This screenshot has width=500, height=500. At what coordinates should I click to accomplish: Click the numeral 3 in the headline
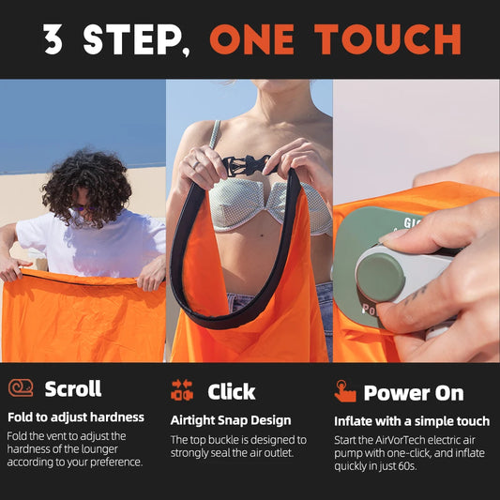pyautogui.click(x=53, y=38)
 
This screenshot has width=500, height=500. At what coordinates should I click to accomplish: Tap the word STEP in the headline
pyautogui.click(x=132, y=39)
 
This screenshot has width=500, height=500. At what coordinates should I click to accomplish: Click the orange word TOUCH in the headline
pyautogui.click(x=387, y=39)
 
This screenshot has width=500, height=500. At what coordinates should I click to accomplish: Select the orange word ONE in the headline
pyautogui.click(x=252, y=39)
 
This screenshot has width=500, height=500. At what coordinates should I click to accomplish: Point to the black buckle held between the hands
pyautogui.click(x=247, y=164)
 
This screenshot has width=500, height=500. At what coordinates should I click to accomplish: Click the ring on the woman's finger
pyautogui.click(x=195, y=164)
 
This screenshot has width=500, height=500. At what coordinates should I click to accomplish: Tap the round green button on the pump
pyautogui.click(x=380, y=278)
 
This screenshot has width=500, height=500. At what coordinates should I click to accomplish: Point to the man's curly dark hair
pyautogui.click(x=86, y=187)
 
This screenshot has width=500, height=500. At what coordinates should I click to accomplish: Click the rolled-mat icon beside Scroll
pyautogui.click(x=21, y=387)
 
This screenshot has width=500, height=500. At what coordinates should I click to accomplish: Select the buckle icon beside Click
pyautogui.click(x=182, y=389)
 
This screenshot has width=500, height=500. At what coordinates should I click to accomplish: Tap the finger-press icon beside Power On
pyautogui.click(x=344, y=391)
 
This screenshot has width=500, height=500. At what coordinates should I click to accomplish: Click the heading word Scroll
pyautogui.click(x=73, y=388)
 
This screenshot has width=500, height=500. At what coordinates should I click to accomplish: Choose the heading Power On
pyautogui.click(x=414, y=393)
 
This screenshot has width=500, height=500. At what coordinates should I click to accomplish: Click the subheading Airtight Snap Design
pyautogui.click(x=231, y=420)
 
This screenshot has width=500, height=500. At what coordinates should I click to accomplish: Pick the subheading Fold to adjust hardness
pyautogui.click(x=76, y=417)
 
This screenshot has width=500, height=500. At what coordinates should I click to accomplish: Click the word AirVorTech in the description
pyautogui.click(x=400, y=440)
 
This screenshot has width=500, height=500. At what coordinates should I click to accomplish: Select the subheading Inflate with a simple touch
pyautogui.click(x=412, y=421)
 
